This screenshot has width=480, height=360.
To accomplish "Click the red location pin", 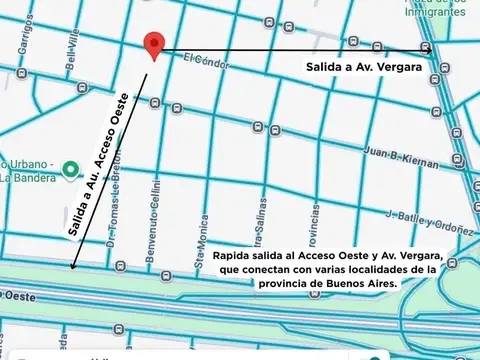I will click(153, 43).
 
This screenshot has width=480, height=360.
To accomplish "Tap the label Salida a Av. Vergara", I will click(363, 67).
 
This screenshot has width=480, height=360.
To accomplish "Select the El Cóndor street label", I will click(207, 62).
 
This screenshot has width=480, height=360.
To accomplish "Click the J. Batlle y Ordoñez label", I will click(428, 217).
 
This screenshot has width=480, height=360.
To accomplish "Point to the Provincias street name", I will click(313, 226).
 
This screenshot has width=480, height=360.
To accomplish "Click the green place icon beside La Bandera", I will click(70, 169).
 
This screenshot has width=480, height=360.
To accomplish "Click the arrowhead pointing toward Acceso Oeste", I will click(73, 265).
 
